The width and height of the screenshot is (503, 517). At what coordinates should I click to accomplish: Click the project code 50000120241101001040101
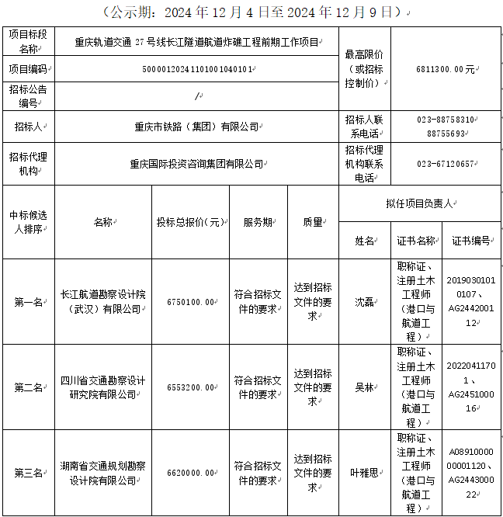(x=197, y=69)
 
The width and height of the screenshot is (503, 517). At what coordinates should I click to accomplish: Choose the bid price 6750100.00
(x=190, y=302)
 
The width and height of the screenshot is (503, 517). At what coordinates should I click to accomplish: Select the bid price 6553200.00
(x=190, y=387)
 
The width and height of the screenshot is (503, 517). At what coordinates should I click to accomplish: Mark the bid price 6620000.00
(x=190, y=472)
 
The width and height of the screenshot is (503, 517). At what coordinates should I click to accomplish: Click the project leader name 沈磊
(x=364, y=302)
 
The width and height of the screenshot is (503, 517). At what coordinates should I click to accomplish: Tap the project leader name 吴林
(x=364, y=387)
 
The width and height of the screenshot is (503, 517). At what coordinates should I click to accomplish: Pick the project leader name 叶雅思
(x=364, y=472)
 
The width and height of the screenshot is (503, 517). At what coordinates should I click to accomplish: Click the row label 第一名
(x=28, y=302)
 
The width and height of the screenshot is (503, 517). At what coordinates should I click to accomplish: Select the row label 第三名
(x=28, y=472)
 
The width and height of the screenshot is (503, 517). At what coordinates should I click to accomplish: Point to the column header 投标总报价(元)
(x=190, y=222)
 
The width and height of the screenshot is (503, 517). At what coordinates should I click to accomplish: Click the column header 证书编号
(x=471, y=241)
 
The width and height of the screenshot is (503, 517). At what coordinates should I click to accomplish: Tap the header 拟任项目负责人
(x=419, y=203)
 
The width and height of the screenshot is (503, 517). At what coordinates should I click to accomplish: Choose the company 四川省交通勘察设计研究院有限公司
(x=103, y=387)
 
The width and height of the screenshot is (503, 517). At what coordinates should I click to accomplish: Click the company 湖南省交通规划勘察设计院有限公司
(x=103, y=472)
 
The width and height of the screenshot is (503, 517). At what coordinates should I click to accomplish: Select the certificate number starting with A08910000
(x=471, y=471)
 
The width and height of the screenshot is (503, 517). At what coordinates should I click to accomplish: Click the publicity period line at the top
(x=251, y=12)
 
